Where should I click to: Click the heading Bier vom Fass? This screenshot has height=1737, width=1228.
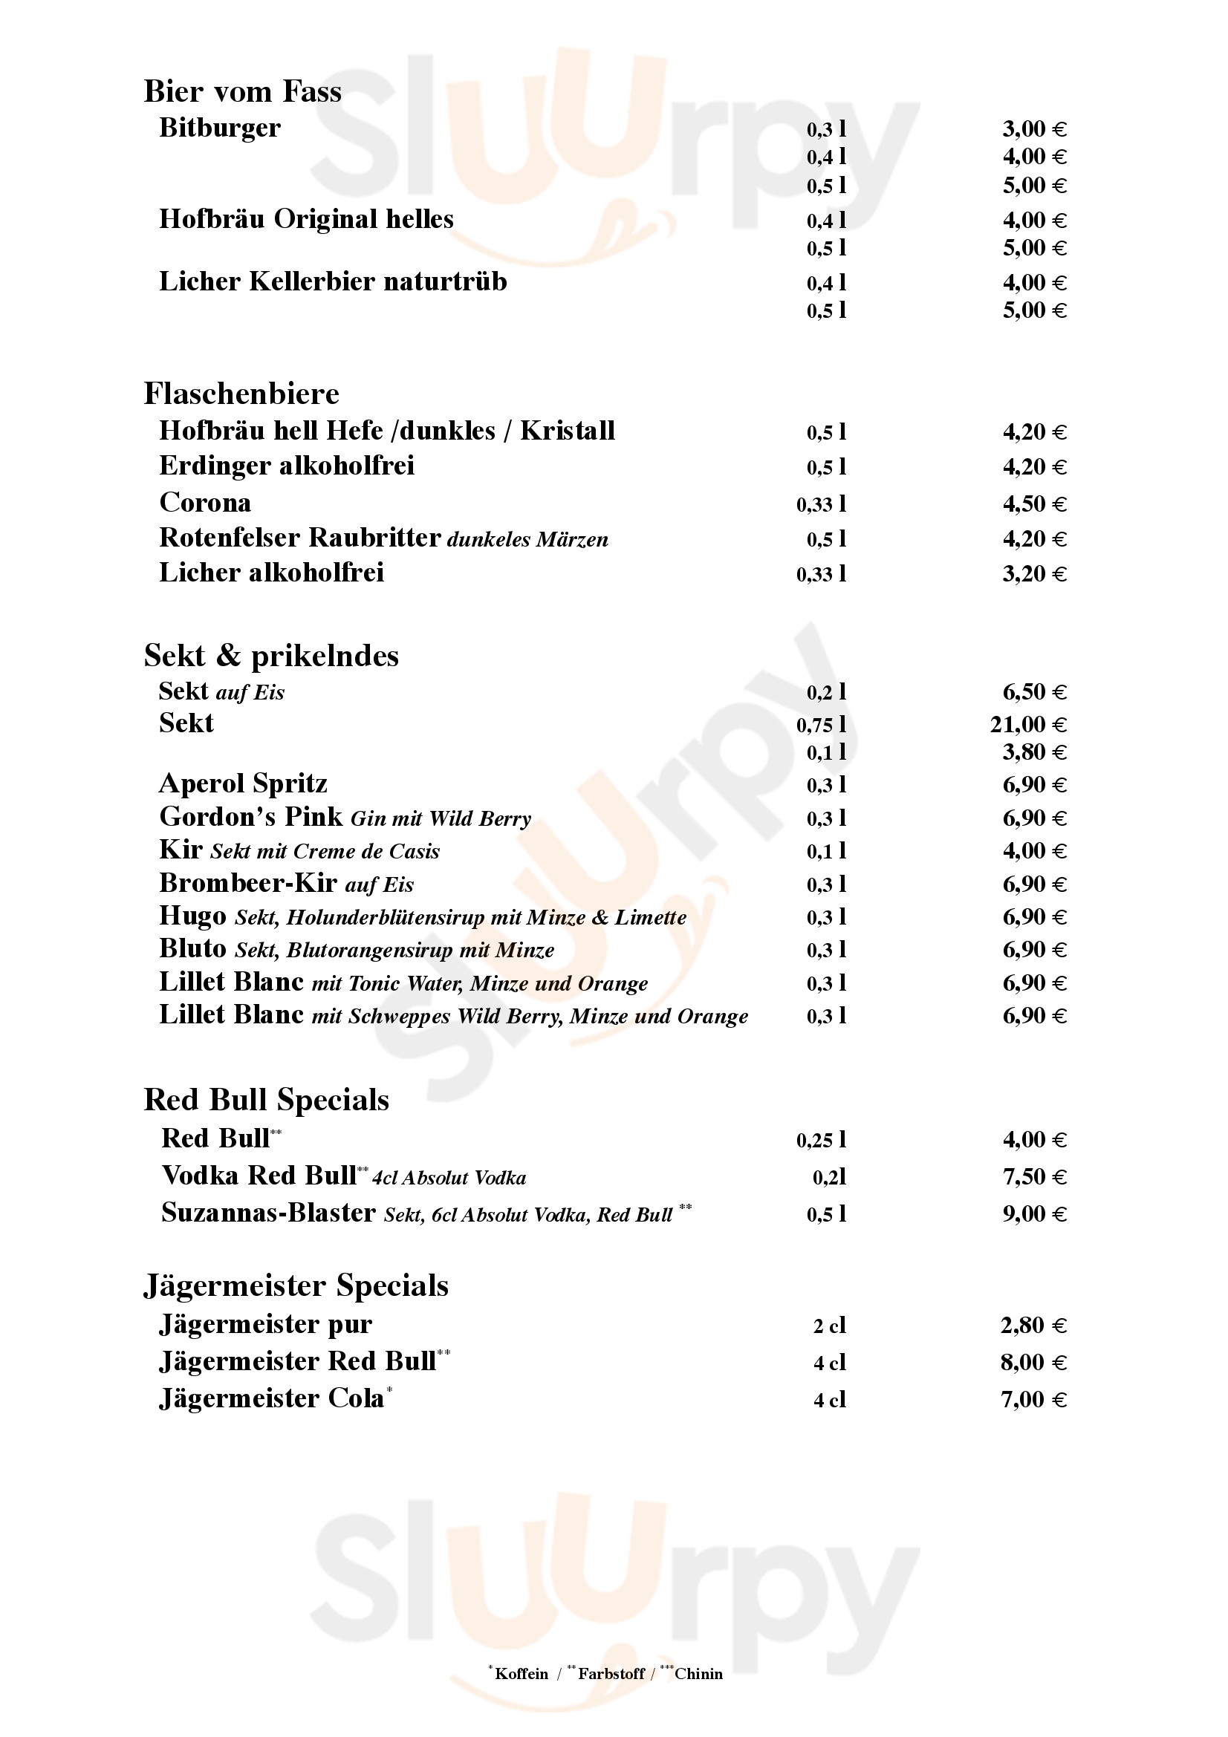(x=242, y=91)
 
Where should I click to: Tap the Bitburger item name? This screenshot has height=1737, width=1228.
(x=219, y=128)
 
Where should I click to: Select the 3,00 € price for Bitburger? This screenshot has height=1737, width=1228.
(x=1033, y=128)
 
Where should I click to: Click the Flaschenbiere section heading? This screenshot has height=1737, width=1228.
(x=241, y=394)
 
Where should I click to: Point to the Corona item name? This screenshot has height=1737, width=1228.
(x=205, y=502)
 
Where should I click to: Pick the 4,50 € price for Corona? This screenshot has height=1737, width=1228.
(x=1033, y=503)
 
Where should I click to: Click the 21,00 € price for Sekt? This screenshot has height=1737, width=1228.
(x=1027, y=725)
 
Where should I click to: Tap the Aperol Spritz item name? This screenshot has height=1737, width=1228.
(x=243, y=783)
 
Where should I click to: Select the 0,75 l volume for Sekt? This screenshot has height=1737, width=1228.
(x=820, y=725)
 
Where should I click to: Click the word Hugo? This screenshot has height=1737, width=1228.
(x=192, y=916)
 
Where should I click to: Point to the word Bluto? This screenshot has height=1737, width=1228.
(x=192, y=948)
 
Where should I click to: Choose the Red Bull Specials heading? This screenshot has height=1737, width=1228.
(x=267, y=1099)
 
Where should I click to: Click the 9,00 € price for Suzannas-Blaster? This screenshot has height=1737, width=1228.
(x=1033, y=1214)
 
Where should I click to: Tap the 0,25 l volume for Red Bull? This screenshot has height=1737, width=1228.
(x=820, y=1140)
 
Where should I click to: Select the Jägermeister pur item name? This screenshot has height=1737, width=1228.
(x=265, y=1325)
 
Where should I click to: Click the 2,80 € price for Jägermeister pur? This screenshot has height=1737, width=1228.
(x=1033, y=1326)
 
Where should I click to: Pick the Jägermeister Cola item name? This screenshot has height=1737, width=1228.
(x=272, y=1399)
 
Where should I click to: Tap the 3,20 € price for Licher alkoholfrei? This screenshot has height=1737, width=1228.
(x=1033, y=573)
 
